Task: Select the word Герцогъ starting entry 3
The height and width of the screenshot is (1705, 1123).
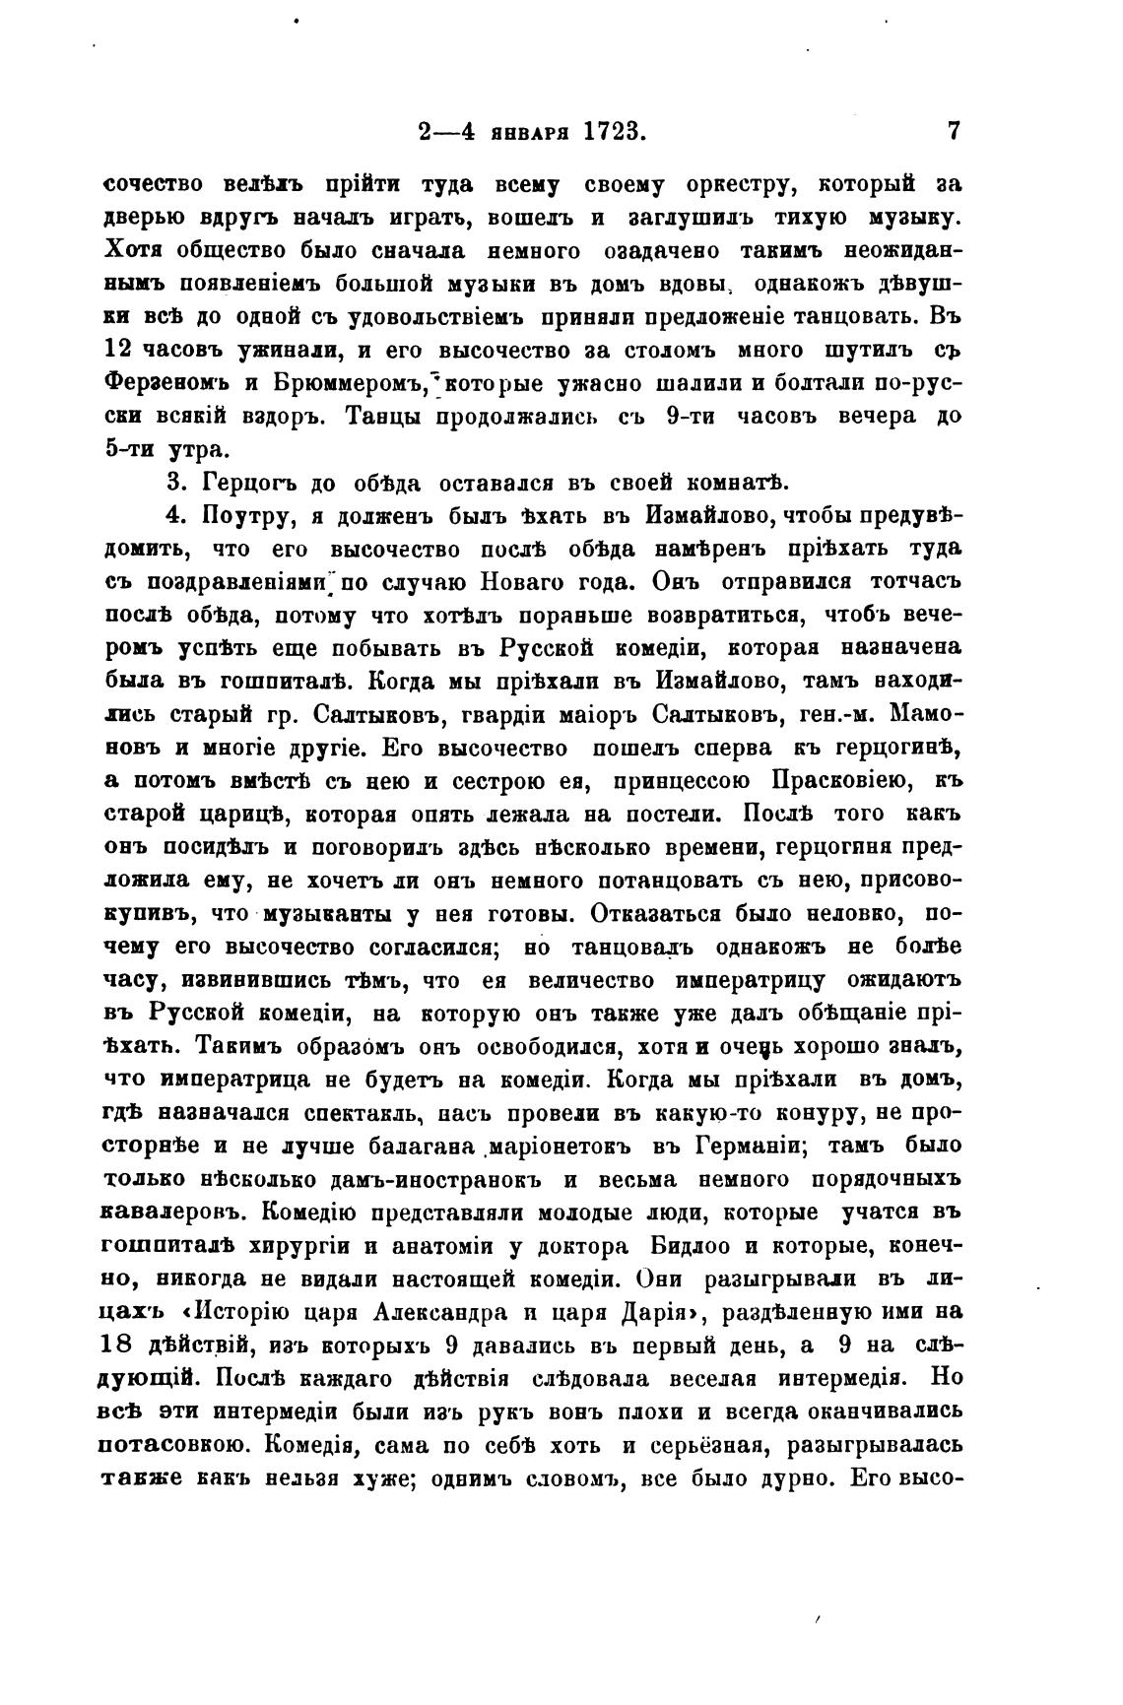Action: tap(248, 483)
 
